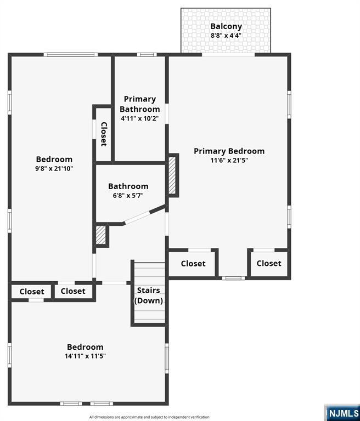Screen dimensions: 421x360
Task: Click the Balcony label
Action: pos(226,26)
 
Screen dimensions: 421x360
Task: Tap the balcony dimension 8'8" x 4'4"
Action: pos(226,36)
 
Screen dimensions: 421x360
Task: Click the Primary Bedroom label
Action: pos(229,151)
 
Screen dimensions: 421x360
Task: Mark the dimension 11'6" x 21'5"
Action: pos(229,161)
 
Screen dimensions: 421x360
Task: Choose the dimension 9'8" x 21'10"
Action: pos(54,169)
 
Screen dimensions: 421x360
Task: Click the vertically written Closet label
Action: pos(103,134)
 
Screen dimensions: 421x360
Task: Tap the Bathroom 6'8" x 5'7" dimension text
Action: pos(128,196)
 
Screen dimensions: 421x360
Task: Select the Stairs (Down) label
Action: pos(149,295)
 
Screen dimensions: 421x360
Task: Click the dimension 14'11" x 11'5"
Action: pos(85,356)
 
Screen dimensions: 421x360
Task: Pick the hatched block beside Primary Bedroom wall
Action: pos(173,175)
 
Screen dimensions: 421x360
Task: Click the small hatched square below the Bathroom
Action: pos(101,235)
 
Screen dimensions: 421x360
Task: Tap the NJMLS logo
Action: pos(342,412)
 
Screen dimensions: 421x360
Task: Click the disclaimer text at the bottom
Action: pos(149,417)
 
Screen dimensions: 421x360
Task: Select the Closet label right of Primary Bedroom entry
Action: pos(269,263)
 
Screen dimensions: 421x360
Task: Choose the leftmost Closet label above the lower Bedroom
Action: pos(32,291)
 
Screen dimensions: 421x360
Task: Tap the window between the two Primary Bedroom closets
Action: pos(234,278)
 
